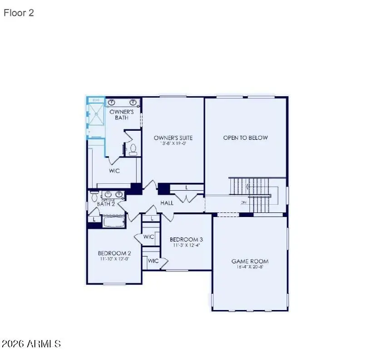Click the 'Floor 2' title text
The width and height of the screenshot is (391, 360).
coord(19,13)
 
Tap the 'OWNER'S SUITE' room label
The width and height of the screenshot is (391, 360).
coord(173,138)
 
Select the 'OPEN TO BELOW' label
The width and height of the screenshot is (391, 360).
coord(245,138)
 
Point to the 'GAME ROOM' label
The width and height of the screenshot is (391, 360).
coord(250,261)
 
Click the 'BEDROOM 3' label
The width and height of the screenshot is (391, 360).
coord(186,239)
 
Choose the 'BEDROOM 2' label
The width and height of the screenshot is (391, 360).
coord(114,253)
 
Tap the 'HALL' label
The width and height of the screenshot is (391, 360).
coord(167,203)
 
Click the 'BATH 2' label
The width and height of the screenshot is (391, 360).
coord(106,204)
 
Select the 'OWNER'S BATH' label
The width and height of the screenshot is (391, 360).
coord(122,114)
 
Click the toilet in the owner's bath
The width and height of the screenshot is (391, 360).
coord(133,149)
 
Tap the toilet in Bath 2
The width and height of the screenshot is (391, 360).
coord(94,197)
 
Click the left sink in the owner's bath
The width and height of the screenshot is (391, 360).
coord(112,102)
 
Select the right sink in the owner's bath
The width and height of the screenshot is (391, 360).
coord(134,102)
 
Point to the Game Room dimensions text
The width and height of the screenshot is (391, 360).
coord(250,267)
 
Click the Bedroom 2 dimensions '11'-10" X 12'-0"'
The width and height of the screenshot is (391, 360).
coord(114,259)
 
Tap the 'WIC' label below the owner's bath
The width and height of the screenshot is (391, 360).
coord(114,171)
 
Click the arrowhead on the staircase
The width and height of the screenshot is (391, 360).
coord(246,186)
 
